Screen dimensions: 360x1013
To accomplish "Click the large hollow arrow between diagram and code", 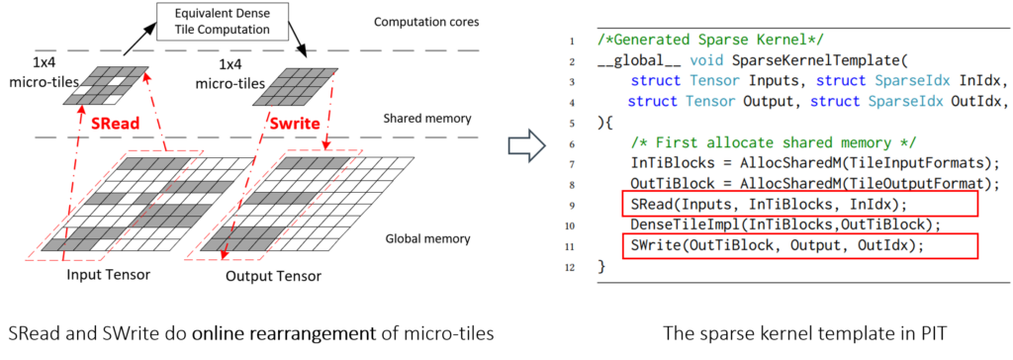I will click(x=526, y=147).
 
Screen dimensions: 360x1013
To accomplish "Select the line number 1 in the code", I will click(x=572, y=42).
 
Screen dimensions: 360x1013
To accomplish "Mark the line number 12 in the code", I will click(x=570, y=268).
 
